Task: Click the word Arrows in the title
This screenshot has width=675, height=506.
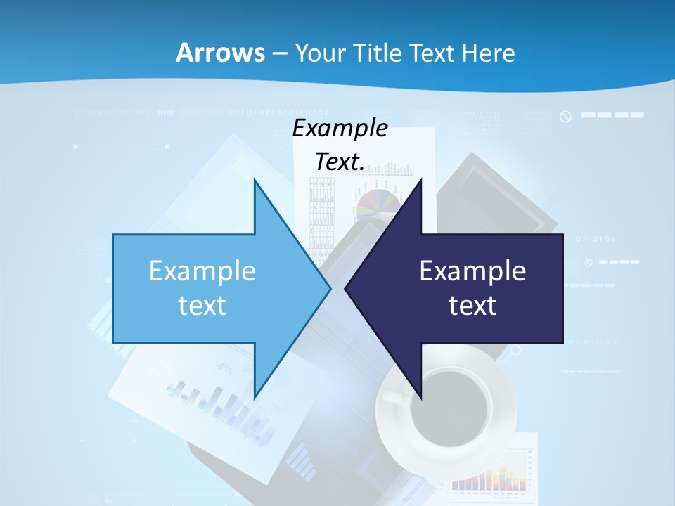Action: click(220, 53)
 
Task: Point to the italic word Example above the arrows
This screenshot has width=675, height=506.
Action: click(340, 129)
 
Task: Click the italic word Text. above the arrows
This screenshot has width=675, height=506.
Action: click(340, 162)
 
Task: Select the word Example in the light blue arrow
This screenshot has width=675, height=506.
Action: click(202, 271)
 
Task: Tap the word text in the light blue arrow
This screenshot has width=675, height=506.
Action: click(202, 306)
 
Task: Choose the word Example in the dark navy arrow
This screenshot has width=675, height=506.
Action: click(472, 271)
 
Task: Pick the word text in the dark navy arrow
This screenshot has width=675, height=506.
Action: click(472, 306)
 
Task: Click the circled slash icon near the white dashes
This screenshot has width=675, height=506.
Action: click(565, 116)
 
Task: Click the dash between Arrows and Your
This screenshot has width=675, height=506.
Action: click(278, 53)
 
